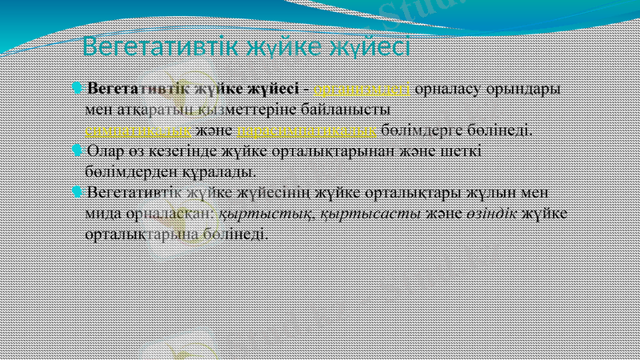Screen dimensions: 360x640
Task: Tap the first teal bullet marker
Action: click(x=77, y=87)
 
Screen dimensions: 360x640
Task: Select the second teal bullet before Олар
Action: click(x=77, y=150)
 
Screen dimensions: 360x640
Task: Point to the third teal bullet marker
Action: click(x=77, y=191)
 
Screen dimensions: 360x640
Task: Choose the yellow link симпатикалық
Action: click(x=138, y=130)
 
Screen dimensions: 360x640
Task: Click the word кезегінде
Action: click(x=180, y=150)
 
